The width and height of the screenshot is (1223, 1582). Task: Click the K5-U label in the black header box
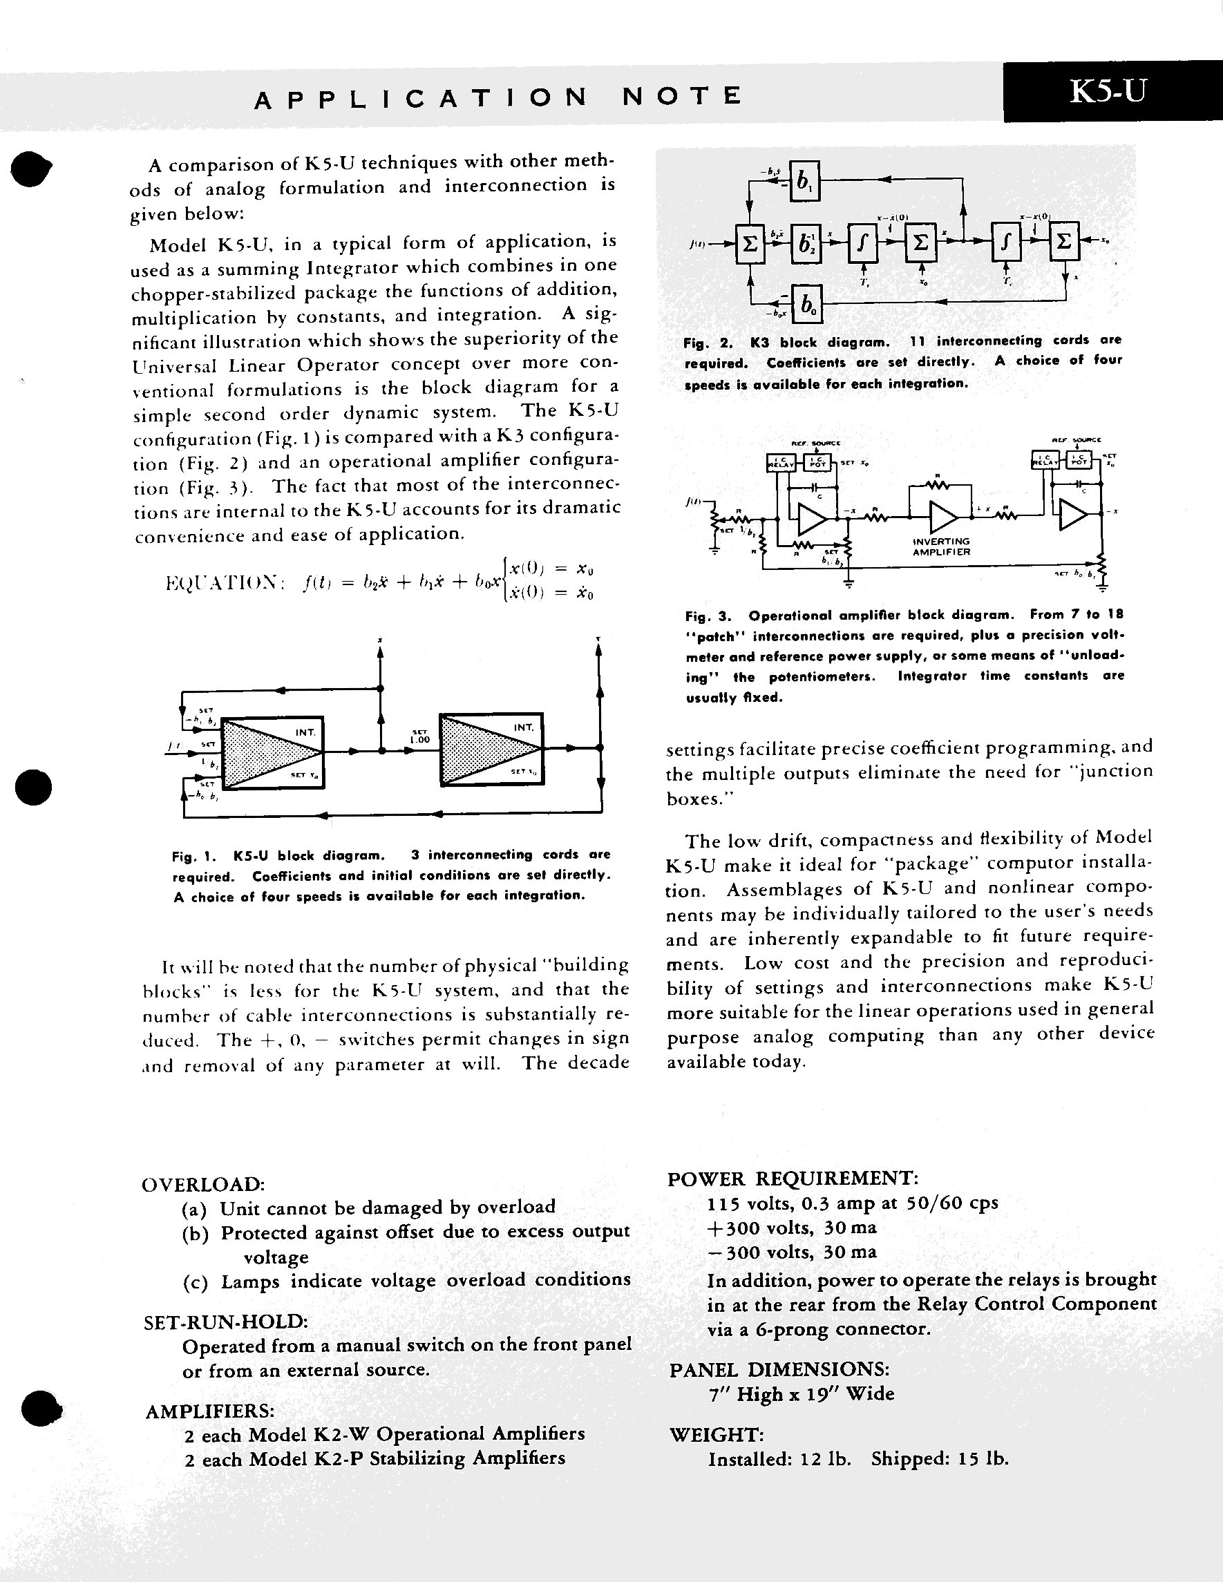point(1108,91)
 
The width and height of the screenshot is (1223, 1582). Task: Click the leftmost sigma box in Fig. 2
point(750,243)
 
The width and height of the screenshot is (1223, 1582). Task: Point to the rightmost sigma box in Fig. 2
point(1063,241)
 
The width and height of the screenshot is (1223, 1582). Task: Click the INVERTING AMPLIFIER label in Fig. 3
point(941,546)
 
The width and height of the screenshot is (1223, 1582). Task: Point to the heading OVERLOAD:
point(203,1184)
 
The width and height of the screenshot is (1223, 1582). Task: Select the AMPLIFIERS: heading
point(209,1411)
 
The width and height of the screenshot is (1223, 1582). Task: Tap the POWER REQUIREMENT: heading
point(793,1179)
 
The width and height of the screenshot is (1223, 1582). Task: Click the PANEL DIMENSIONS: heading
point(779,1370)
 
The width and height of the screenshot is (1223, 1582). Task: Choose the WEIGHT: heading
point(716,1434)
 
